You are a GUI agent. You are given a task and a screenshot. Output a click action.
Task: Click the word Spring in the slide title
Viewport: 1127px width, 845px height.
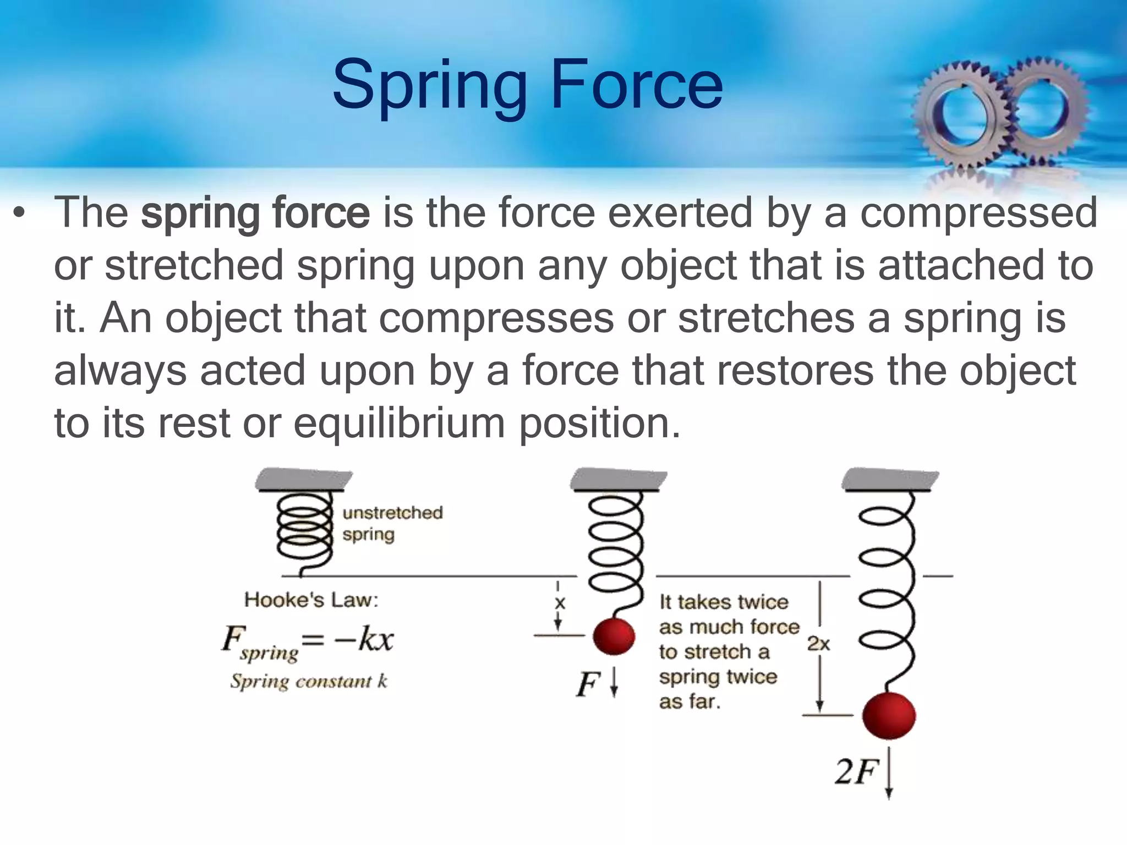click(x=429, y=85)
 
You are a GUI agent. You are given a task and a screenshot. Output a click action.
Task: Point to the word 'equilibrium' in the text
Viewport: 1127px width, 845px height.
click(x=399, y=424)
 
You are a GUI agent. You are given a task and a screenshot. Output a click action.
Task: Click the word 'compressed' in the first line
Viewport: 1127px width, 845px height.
click(x=978, y=213)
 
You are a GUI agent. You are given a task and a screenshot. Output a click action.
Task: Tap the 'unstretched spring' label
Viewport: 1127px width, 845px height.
click(x=392, y=523)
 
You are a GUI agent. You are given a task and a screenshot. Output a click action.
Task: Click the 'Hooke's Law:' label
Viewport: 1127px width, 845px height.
click(x=311, y=600)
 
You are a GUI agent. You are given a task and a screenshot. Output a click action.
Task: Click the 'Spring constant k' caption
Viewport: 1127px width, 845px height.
click(x=309, y=682)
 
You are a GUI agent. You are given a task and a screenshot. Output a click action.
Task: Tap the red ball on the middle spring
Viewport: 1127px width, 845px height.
click(x=614, y=637)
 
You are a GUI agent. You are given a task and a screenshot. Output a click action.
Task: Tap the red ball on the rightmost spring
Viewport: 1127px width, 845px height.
click(x=889, y=716)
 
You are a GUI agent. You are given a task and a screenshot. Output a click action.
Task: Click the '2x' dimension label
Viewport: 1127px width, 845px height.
click(x=818, y=644)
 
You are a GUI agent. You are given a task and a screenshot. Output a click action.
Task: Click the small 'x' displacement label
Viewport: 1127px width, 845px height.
click(x=560, y=603)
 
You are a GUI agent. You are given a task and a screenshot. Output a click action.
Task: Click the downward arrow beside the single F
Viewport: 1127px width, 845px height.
click(x=615, y=683)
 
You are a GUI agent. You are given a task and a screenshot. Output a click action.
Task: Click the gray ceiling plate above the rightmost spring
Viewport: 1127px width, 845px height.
click(x=890, y=480)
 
